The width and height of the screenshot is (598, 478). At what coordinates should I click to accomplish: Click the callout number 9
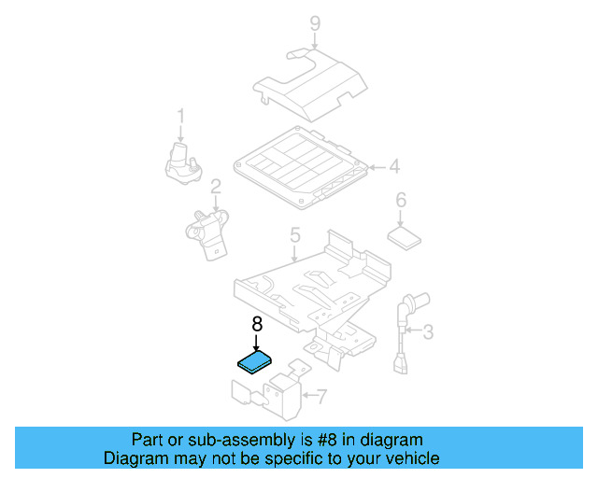315,22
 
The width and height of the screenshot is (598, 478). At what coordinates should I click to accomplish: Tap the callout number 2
215,188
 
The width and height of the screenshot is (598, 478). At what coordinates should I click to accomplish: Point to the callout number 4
394,168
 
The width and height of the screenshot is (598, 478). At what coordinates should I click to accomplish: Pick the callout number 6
401,200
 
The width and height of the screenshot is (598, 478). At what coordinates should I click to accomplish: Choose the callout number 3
428,330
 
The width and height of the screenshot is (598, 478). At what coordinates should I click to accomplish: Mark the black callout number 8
257,324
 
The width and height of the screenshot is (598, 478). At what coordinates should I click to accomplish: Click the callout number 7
320,397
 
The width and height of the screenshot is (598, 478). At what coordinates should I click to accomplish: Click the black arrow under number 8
257,343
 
